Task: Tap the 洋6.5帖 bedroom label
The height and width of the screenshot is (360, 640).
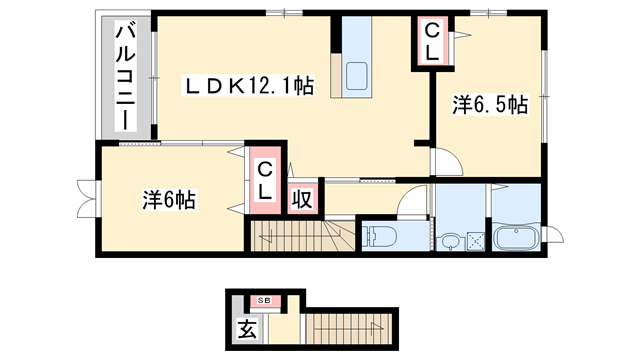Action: click(490, 104)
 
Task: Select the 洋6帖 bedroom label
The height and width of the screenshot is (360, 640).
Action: click(167, 199)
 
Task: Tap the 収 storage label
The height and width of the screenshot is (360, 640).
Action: click(301, 198)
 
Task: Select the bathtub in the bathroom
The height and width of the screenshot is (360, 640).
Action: click(517, 240)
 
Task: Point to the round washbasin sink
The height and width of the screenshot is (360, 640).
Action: click(452, 241)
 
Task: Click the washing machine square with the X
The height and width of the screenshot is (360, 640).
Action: click(475, 241)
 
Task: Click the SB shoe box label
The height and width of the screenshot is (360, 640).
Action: click(265, 300)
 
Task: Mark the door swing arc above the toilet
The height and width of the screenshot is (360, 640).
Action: click(410, 201)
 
